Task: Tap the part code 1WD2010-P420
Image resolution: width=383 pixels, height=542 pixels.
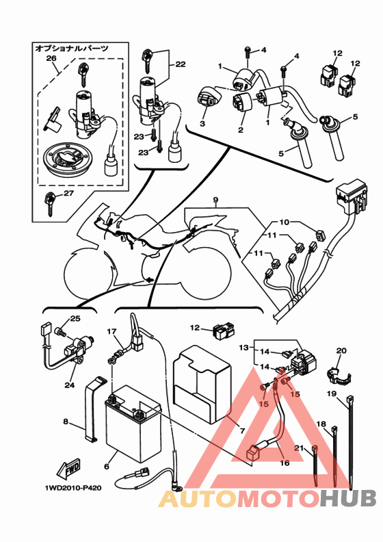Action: (73, 488)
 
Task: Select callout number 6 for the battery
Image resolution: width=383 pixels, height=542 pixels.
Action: (107, 467)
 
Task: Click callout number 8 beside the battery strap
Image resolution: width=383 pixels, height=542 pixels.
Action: (66, 422)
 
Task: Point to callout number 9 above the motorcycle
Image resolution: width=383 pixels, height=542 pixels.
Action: (215, 200)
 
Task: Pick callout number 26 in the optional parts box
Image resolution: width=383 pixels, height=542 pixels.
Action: (51, 58)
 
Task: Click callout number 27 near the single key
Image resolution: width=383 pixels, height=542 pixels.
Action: (68, 193)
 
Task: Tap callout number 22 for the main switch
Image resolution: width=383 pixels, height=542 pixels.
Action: (181, 64)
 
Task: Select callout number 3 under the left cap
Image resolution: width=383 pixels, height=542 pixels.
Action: (202, 123)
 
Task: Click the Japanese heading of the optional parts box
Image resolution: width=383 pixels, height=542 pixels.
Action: (72, 49)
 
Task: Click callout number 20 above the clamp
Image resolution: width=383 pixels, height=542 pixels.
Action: (341, 350)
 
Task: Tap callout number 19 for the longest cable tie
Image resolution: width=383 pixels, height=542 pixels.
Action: (332, 393)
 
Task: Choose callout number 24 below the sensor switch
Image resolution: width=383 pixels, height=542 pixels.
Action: (69, 385)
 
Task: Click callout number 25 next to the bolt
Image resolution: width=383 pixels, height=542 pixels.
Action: (75, 318)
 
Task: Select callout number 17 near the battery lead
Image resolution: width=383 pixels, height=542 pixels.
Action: (111, 331)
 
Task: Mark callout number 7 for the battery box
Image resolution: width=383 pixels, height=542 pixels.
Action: (242, 430)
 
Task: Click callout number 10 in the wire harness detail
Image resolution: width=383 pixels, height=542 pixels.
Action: (284, 222)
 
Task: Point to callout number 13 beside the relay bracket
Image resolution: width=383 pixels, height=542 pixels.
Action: (244, 347)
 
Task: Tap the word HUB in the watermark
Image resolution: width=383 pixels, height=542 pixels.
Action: (347, 498)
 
